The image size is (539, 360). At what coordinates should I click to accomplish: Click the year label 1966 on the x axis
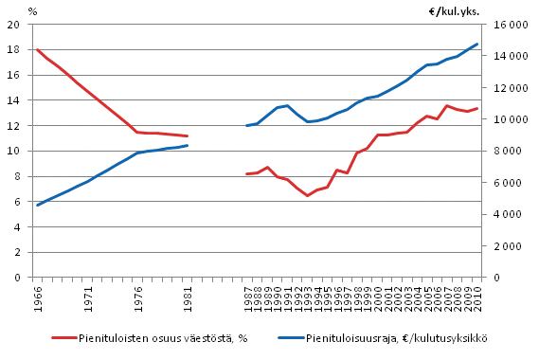point(38,295)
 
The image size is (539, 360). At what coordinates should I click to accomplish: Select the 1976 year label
point(138,295)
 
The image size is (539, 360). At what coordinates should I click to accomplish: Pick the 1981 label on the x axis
point(189,295)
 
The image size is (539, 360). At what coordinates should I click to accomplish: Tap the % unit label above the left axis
point(32,11)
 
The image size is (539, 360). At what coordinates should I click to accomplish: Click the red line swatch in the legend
point(65,338)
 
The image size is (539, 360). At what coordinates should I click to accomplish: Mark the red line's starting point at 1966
point(38,49)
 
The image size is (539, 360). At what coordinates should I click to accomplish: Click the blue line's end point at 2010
point(477,44)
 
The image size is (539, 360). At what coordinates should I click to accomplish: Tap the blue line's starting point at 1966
point(38,205)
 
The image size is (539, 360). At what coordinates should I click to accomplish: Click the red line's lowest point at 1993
point(307,195)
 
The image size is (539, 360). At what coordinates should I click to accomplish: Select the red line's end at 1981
point(188,136)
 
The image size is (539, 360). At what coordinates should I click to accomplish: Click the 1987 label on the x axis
point(247,295)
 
